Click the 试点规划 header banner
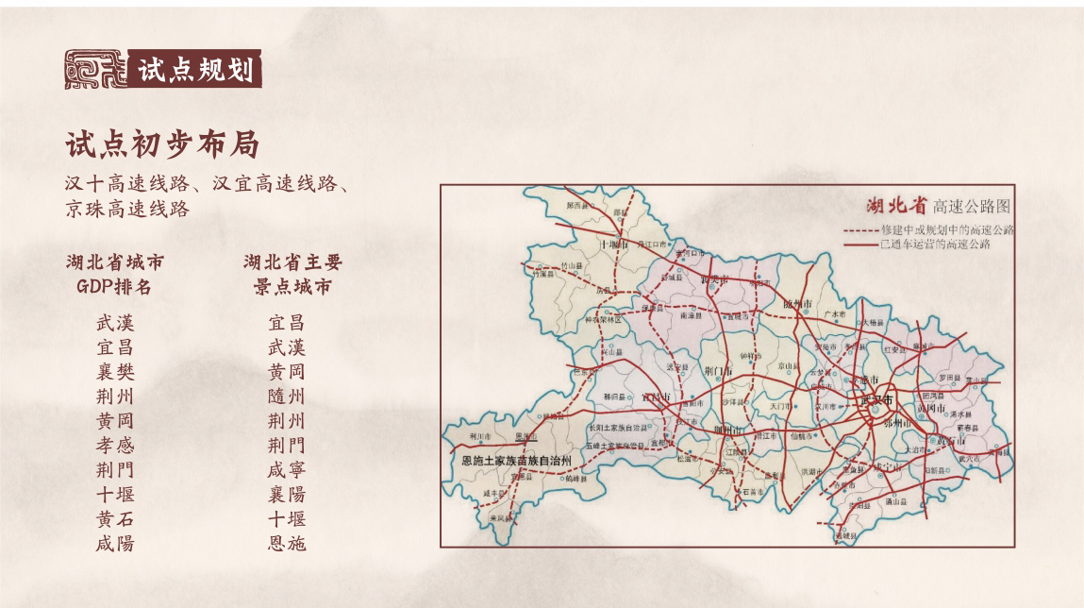tap(196, 69)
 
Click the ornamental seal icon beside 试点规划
tap(95, 69)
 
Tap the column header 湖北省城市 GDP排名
tap(114, 274)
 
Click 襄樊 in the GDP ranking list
tap(115, 371)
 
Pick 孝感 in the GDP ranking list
tap(115, 445)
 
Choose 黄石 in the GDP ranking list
tap(115, 518)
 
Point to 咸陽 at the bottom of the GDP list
tap(115, 543)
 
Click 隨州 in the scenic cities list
tap(287, 396)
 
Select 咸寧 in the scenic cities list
tap(287, 469)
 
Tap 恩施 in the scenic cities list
tap(287, 543)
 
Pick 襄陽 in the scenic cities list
tap(287, 494)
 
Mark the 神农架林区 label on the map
tap(608, 320)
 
